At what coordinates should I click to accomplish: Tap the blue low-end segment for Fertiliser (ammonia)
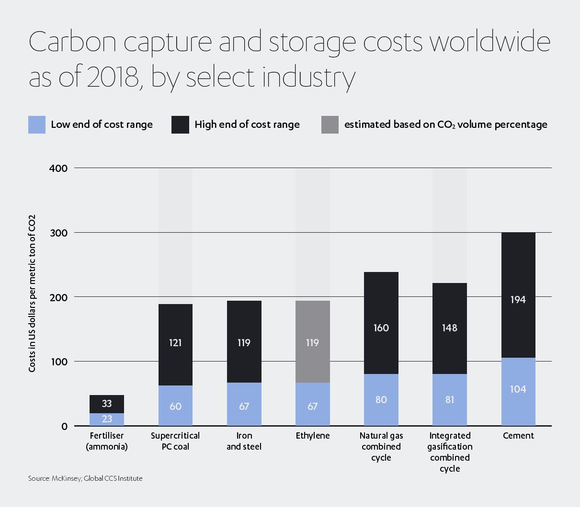point(107,419)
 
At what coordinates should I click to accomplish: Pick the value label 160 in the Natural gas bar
point(381,328)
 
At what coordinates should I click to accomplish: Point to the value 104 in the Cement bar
point(518,389)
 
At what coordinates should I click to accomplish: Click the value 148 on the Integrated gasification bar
point(449,328)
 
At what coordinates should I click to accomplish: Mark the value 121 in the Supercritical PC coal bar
point(175,343)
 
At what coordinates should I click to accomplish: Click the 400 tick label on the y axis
point(58,169)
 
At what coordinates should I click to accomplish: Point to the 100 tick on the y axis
point(58,362)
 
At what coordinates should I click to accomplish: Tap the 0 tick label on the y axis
point(64,427)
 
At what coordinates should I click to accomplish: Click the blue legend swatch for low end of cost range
point(37,124)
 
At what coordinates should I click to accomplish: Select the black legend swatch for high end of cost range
point(180,124)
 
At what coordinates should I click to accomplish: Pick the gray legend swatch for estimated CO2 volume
point(330,124)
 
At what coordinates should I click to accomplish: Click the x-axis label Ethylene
point(312,436)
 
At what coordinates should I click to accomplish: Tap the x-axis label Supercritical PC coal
point(175,441)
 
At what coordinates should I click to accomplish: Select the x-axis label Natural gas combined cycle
point(381,446)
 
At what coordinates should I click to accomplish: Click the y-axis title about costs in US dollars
point(32,294)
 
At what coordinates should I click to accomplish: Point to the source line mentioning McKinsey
point(85,478)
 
